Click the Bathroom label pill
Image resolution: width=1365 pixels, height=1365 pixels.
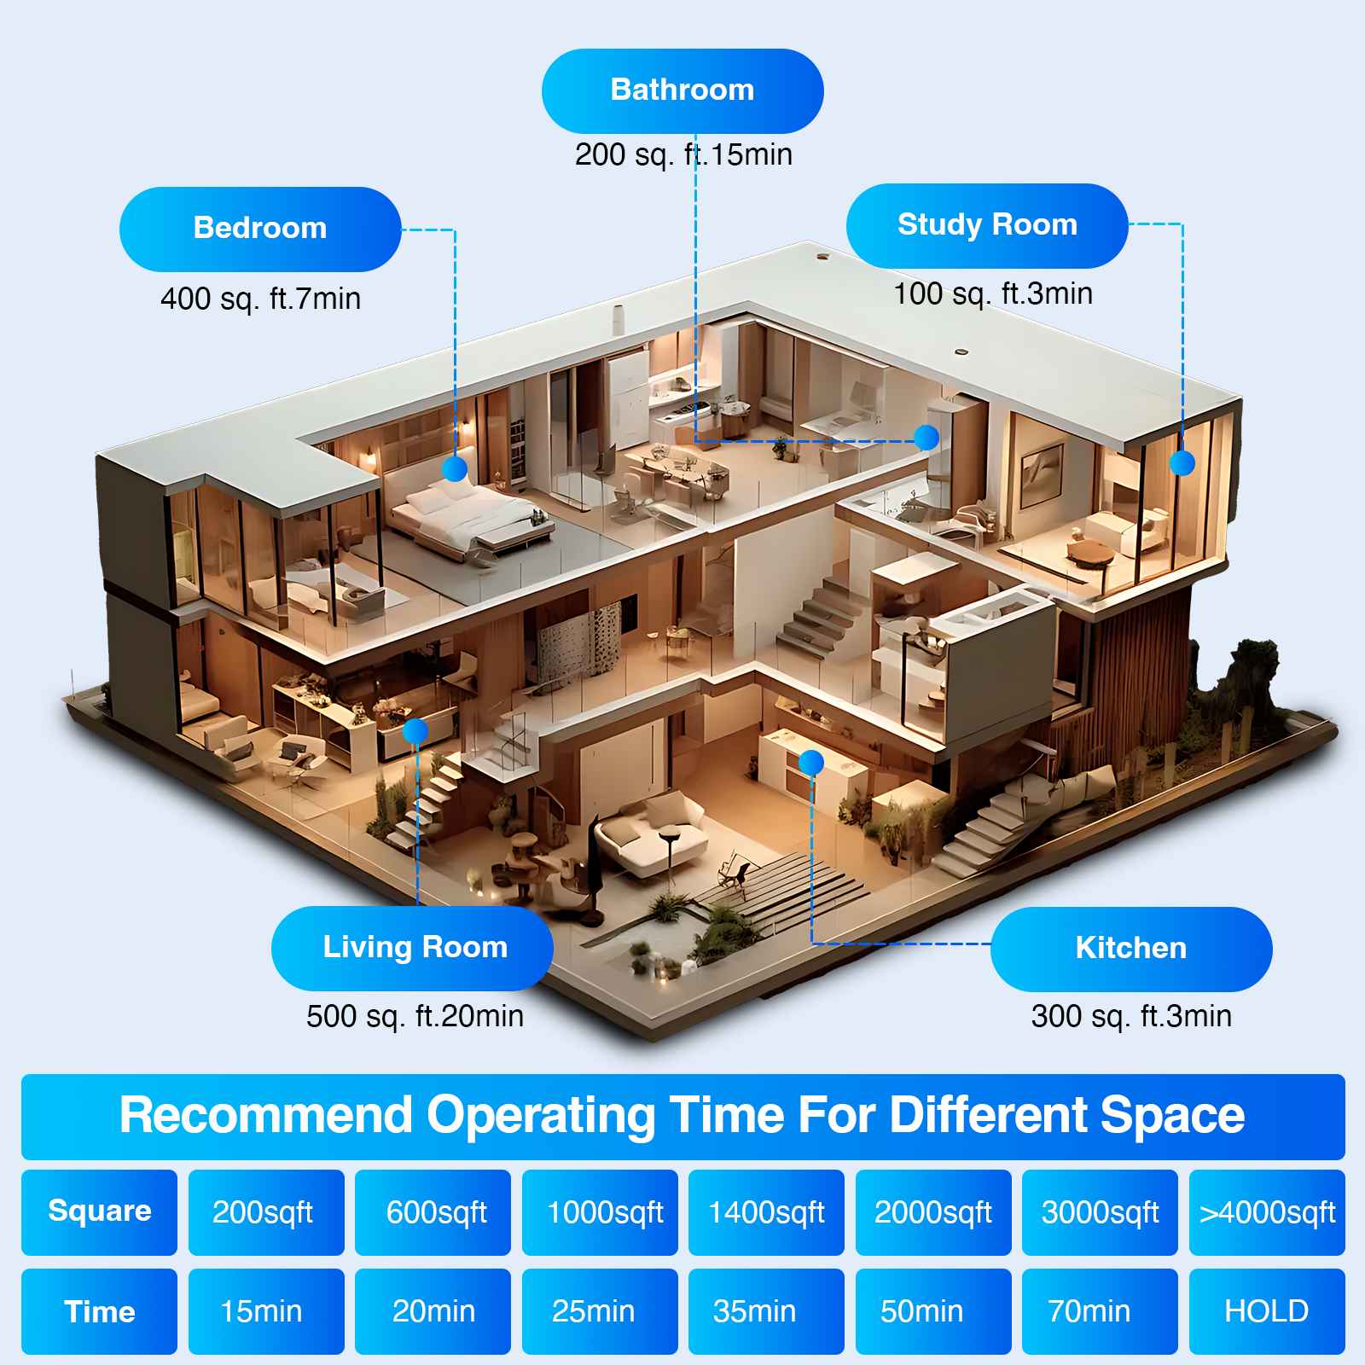682,90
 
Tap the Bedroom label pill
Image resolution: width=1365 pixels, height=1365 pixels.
260,229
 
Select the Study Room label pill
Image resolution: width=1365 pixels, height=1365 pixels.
987,225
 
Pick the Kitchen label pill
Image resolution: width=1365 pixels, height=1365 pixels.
1131,949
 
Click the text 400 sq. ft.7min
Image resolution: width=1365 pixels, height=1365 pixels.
260,299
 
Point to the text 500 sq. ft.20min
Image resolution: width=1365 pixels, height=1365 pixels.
415,1017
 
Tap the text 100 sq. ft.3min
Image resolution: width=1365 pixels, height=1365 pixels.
992,294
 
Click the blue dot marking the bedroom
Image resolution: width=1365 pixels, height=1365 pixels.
455,468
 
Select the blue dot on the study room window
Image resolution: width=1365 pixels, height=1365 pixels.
1182,463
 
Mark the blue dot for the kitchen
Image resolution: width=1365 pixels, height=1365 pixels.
811,762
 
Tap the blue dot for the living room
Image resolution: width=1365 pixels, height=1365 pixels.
415,731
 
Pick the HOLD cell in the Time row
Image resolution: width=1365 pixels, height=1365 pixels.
1267,1311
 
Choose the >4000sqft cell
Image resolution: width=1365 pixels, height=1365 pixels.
1267,1212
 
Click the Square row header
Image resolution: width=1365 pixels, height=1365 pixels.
99,1212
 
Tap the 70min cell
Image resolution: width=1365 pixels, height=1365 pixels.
1100,1311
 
